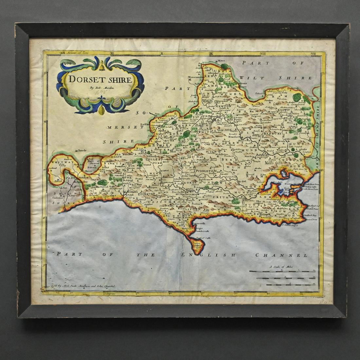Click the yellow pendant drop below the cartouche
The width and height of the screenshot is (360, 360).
tap(102, 111)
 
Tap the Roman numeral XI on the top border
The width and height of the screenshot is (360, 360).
tap(112, 53)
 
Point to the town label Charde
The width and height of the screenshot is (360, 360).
tap(81, 151)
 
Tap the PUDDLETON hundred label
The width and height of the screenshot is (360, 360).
tap(205, 171)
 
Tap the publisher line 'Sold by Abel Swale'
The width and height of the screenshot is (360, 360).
tap(81, 286)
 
